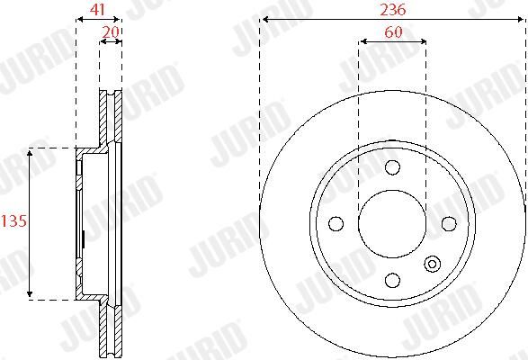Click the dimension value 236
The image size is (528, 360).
point(393,10)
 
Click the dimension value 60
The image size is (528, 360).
point(393,32)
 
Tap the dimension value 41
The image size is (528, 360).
point(97,9)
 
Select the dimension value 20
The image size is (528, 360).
point(111,32)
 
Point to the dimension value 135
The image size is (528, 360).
point(13,221)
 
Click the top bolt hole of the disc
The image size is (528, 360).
point(392,167)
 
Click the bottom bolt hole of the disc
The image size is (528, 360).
point(392,280)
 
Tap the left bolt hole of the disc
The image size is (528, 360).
point(336,223)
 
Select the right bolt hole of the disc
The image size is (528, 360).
point(449,223)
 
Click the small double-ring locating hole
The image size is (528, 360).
point(432,264)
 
